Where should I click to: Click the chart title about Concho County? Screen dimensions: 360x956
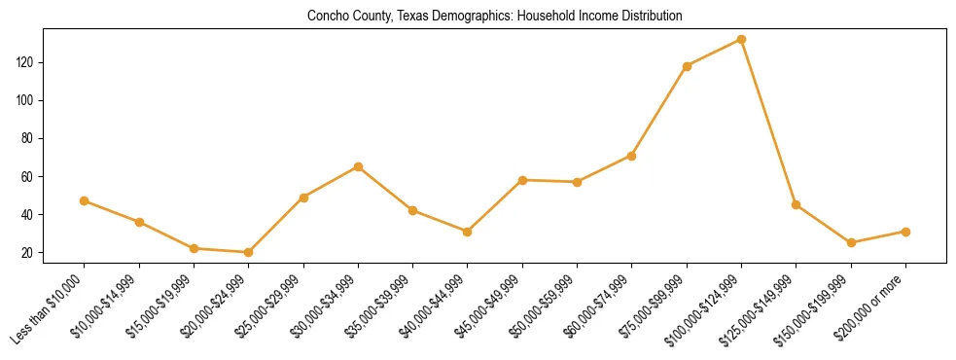495,16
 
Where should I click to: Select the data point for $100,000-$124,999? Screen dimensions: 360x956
741,40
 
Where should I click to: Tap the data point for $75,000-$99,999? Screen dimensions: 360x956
687,66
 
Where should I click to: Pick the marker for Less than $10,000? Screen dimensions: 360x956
84,200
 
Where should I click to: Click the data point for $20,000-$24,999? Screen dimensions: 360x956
248,252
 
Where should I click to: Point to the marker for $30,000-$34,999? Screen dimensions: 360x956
358,166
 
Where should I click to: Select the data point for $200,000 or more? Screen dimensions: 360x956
905,232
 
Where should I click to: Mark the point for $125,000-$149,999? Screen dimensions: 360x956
797,204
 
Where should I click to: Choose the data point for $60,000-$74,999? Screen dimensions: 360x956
632,156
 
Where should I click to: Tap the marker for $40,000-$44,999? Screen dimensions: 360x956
468,232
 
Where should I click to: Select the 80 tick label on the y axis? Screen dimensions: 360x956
53,138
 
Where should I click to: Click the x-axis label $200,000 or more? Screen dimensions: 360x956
872,305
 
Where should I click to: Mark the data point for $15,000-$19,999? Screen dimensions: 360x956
194,248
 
